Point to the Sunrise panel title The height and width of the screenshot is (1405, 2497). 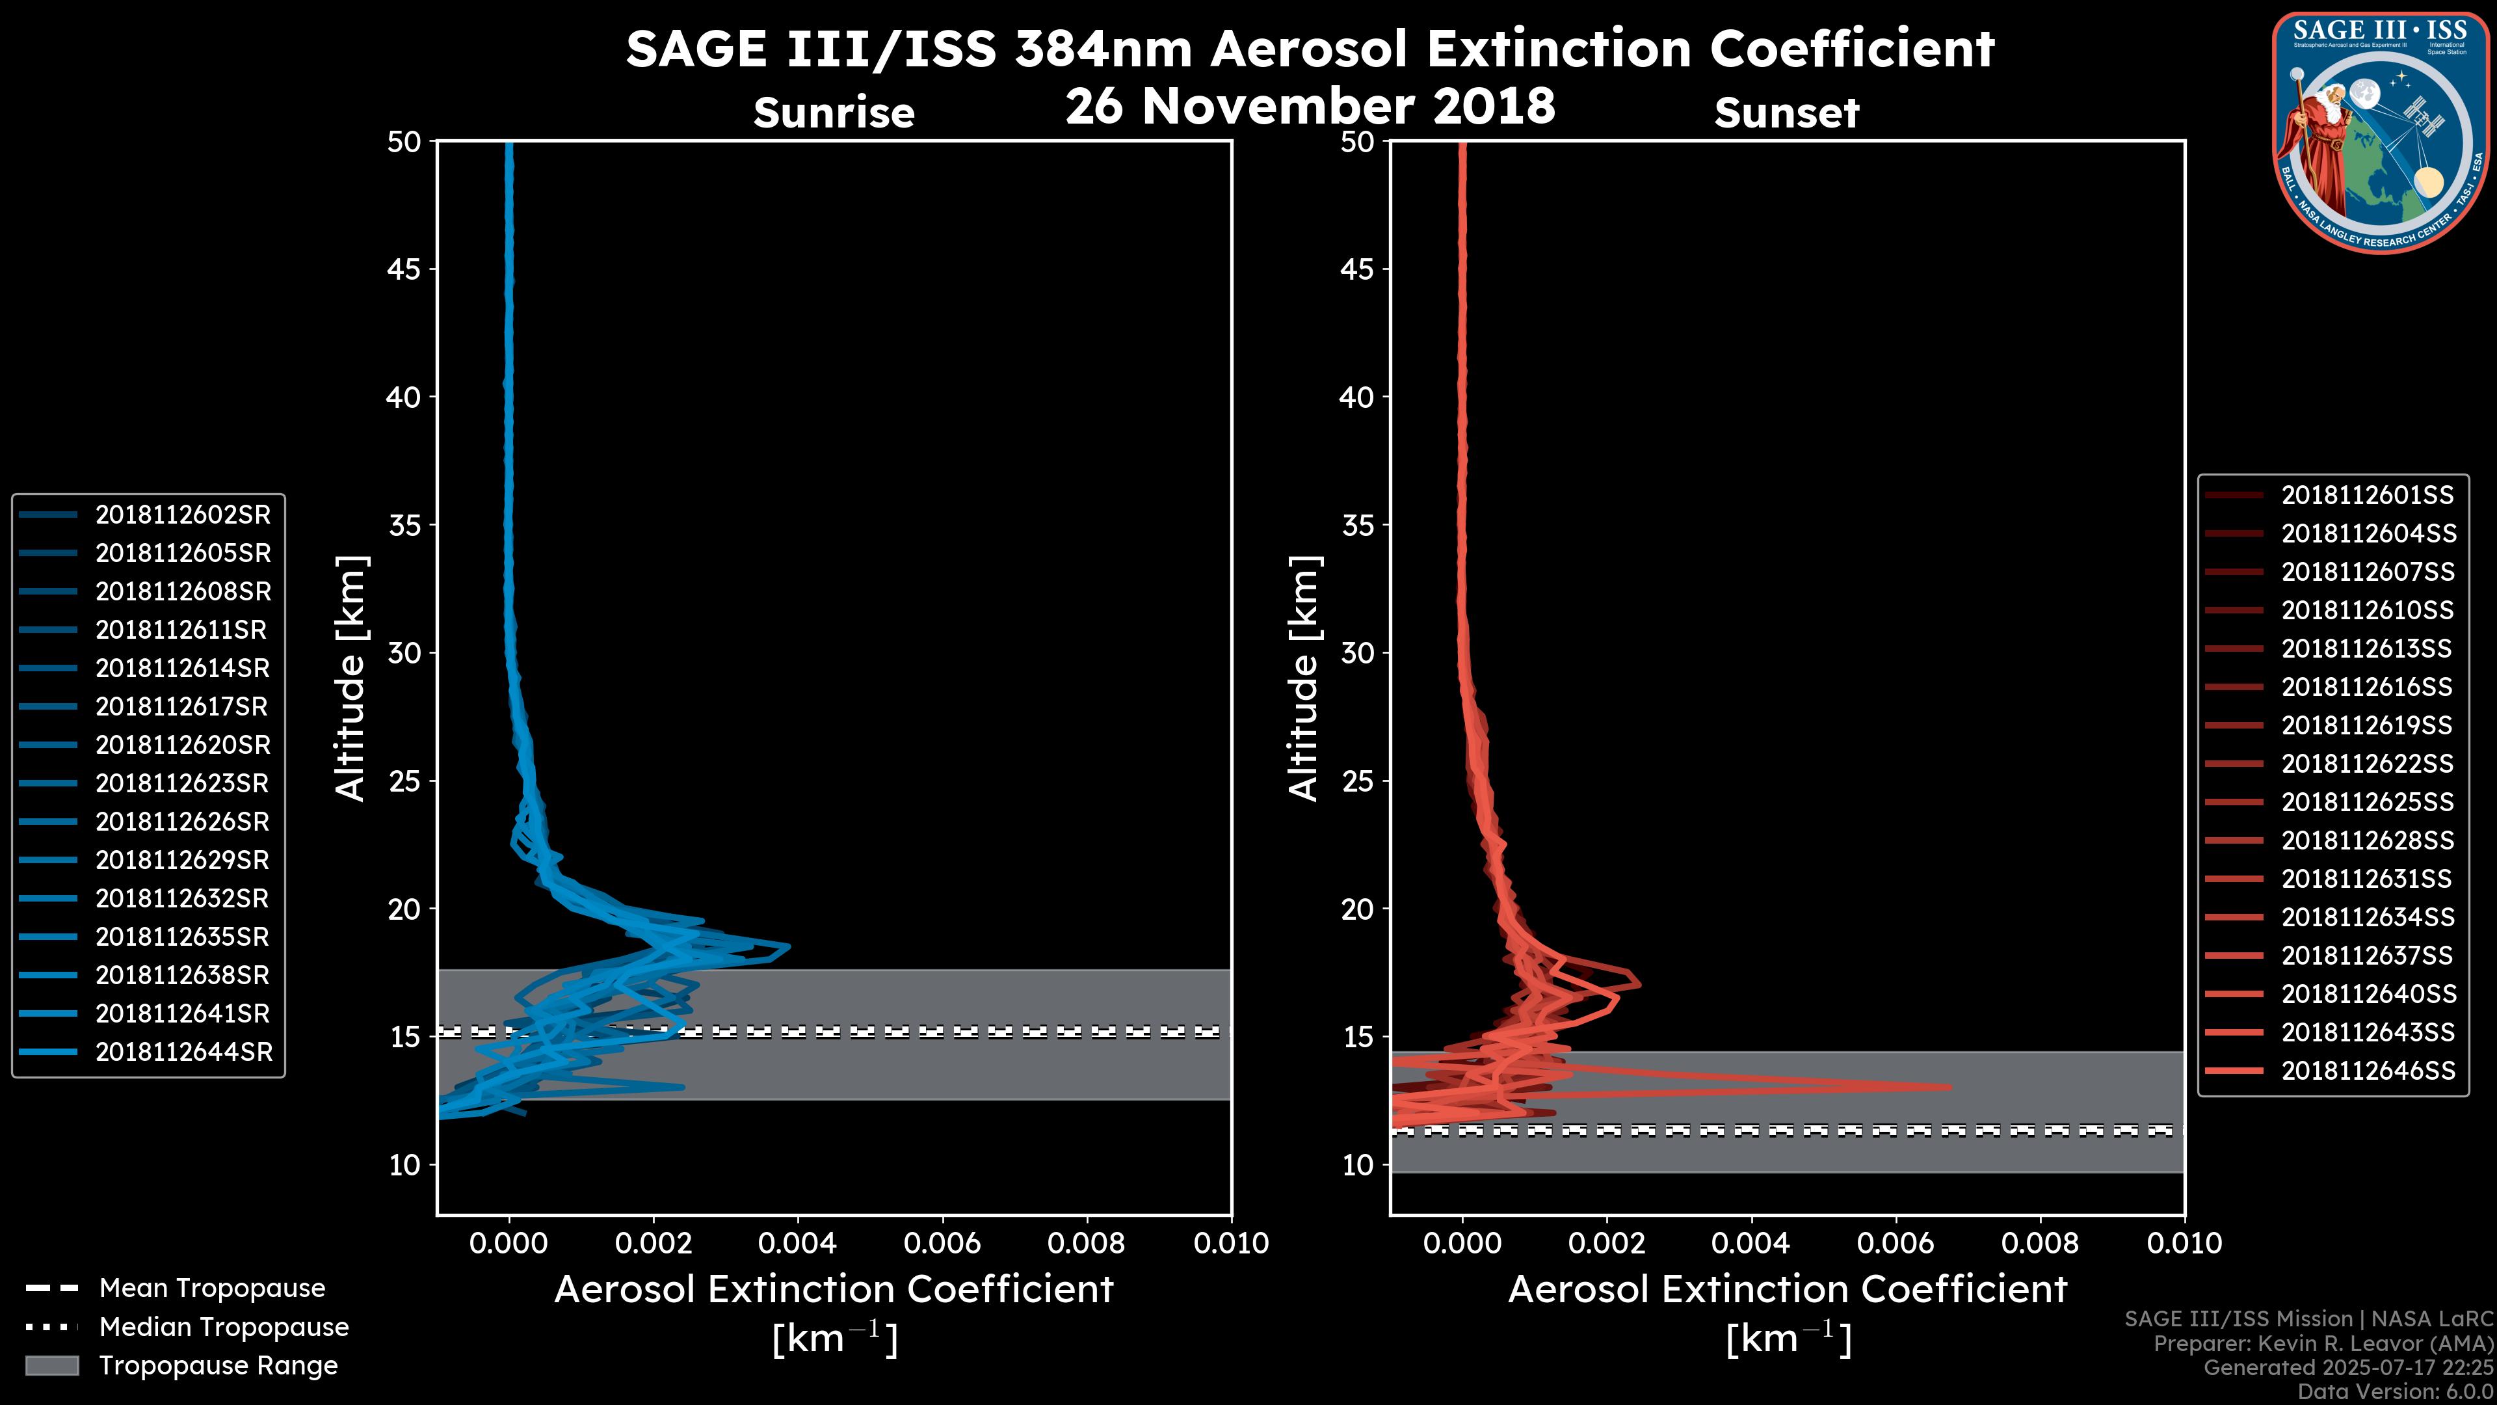(x=834, y=113)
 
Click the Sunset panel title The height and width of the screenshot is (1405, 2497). (x=1786, y=113)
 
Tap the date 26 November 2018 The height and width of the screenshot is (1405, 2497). (x=1310, y=105)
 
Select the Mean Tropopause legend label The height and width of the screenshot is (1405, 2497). (x=212, y=1288)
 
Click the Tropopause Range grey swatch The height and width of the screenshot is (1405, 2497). (x=51, y=1365)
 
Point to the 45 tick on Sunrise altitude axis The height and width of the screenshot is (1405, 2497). (x=403, y=269)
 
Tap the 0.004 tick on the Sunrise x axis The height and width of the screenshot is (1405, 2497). (x=797, y=1243)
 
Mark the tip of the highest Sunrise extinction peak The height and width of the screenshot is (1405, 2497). (x=788, y=946)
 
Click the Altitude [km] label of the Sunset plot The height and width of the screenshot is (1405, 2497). (x=1304, y=678)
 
